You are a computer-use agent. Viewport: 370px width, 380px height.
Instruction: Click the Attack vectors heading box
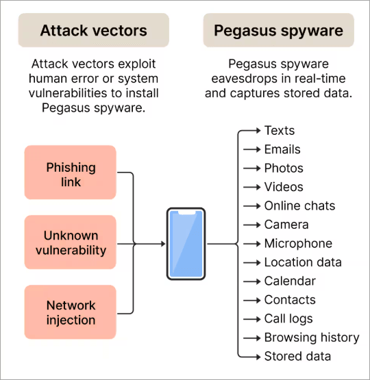pos(93,30)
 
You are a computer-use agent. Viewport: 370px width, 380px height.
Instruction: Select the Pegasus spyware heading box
pos(278,30)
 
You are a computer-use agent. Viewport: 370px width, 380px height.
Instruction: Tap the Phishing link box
pos(71,175)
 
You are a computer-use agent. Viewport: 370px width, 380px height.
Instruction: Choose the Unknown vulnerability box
pos(71,243)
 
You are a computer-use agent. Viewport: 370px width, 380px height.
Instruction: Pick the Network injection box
pos(71,313)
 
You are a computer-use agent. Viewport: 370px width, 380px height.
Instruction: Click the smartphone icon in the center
pos(186,244)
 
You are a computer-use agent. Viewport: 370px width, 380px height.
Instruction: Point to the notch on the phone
pos(186,212)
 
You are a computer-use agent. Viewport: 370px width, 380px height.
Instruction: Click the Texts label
pos(279,130)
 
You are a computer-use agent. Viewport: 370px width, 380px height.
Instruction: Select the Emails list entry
pos(282,149)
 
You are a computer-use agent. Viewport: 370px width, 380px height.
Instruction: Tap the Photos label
pos(284,168)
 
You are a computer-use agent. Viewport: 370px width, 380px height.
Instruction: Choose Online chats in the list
pos(299,205)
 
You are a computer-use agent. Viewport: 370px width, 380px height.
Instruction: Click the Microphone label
pos(298,243)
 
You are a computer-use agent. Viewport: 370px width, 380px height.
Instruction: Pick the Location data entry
pos(303,262)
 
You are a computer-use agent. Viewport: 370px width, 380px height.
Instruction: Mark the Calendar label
pos(290,281)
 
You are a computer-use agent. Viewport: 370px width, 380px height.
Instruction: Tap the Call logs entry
pos(288,318)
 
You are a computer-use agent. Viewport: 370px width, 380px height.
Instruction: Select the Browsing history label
pos(312,338)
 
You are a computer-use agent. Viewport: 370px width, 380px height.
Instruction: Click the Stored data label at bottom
pos(297,356)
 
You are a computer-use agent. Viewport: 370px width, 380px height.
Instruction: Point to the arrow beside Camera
pos(251,225)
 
